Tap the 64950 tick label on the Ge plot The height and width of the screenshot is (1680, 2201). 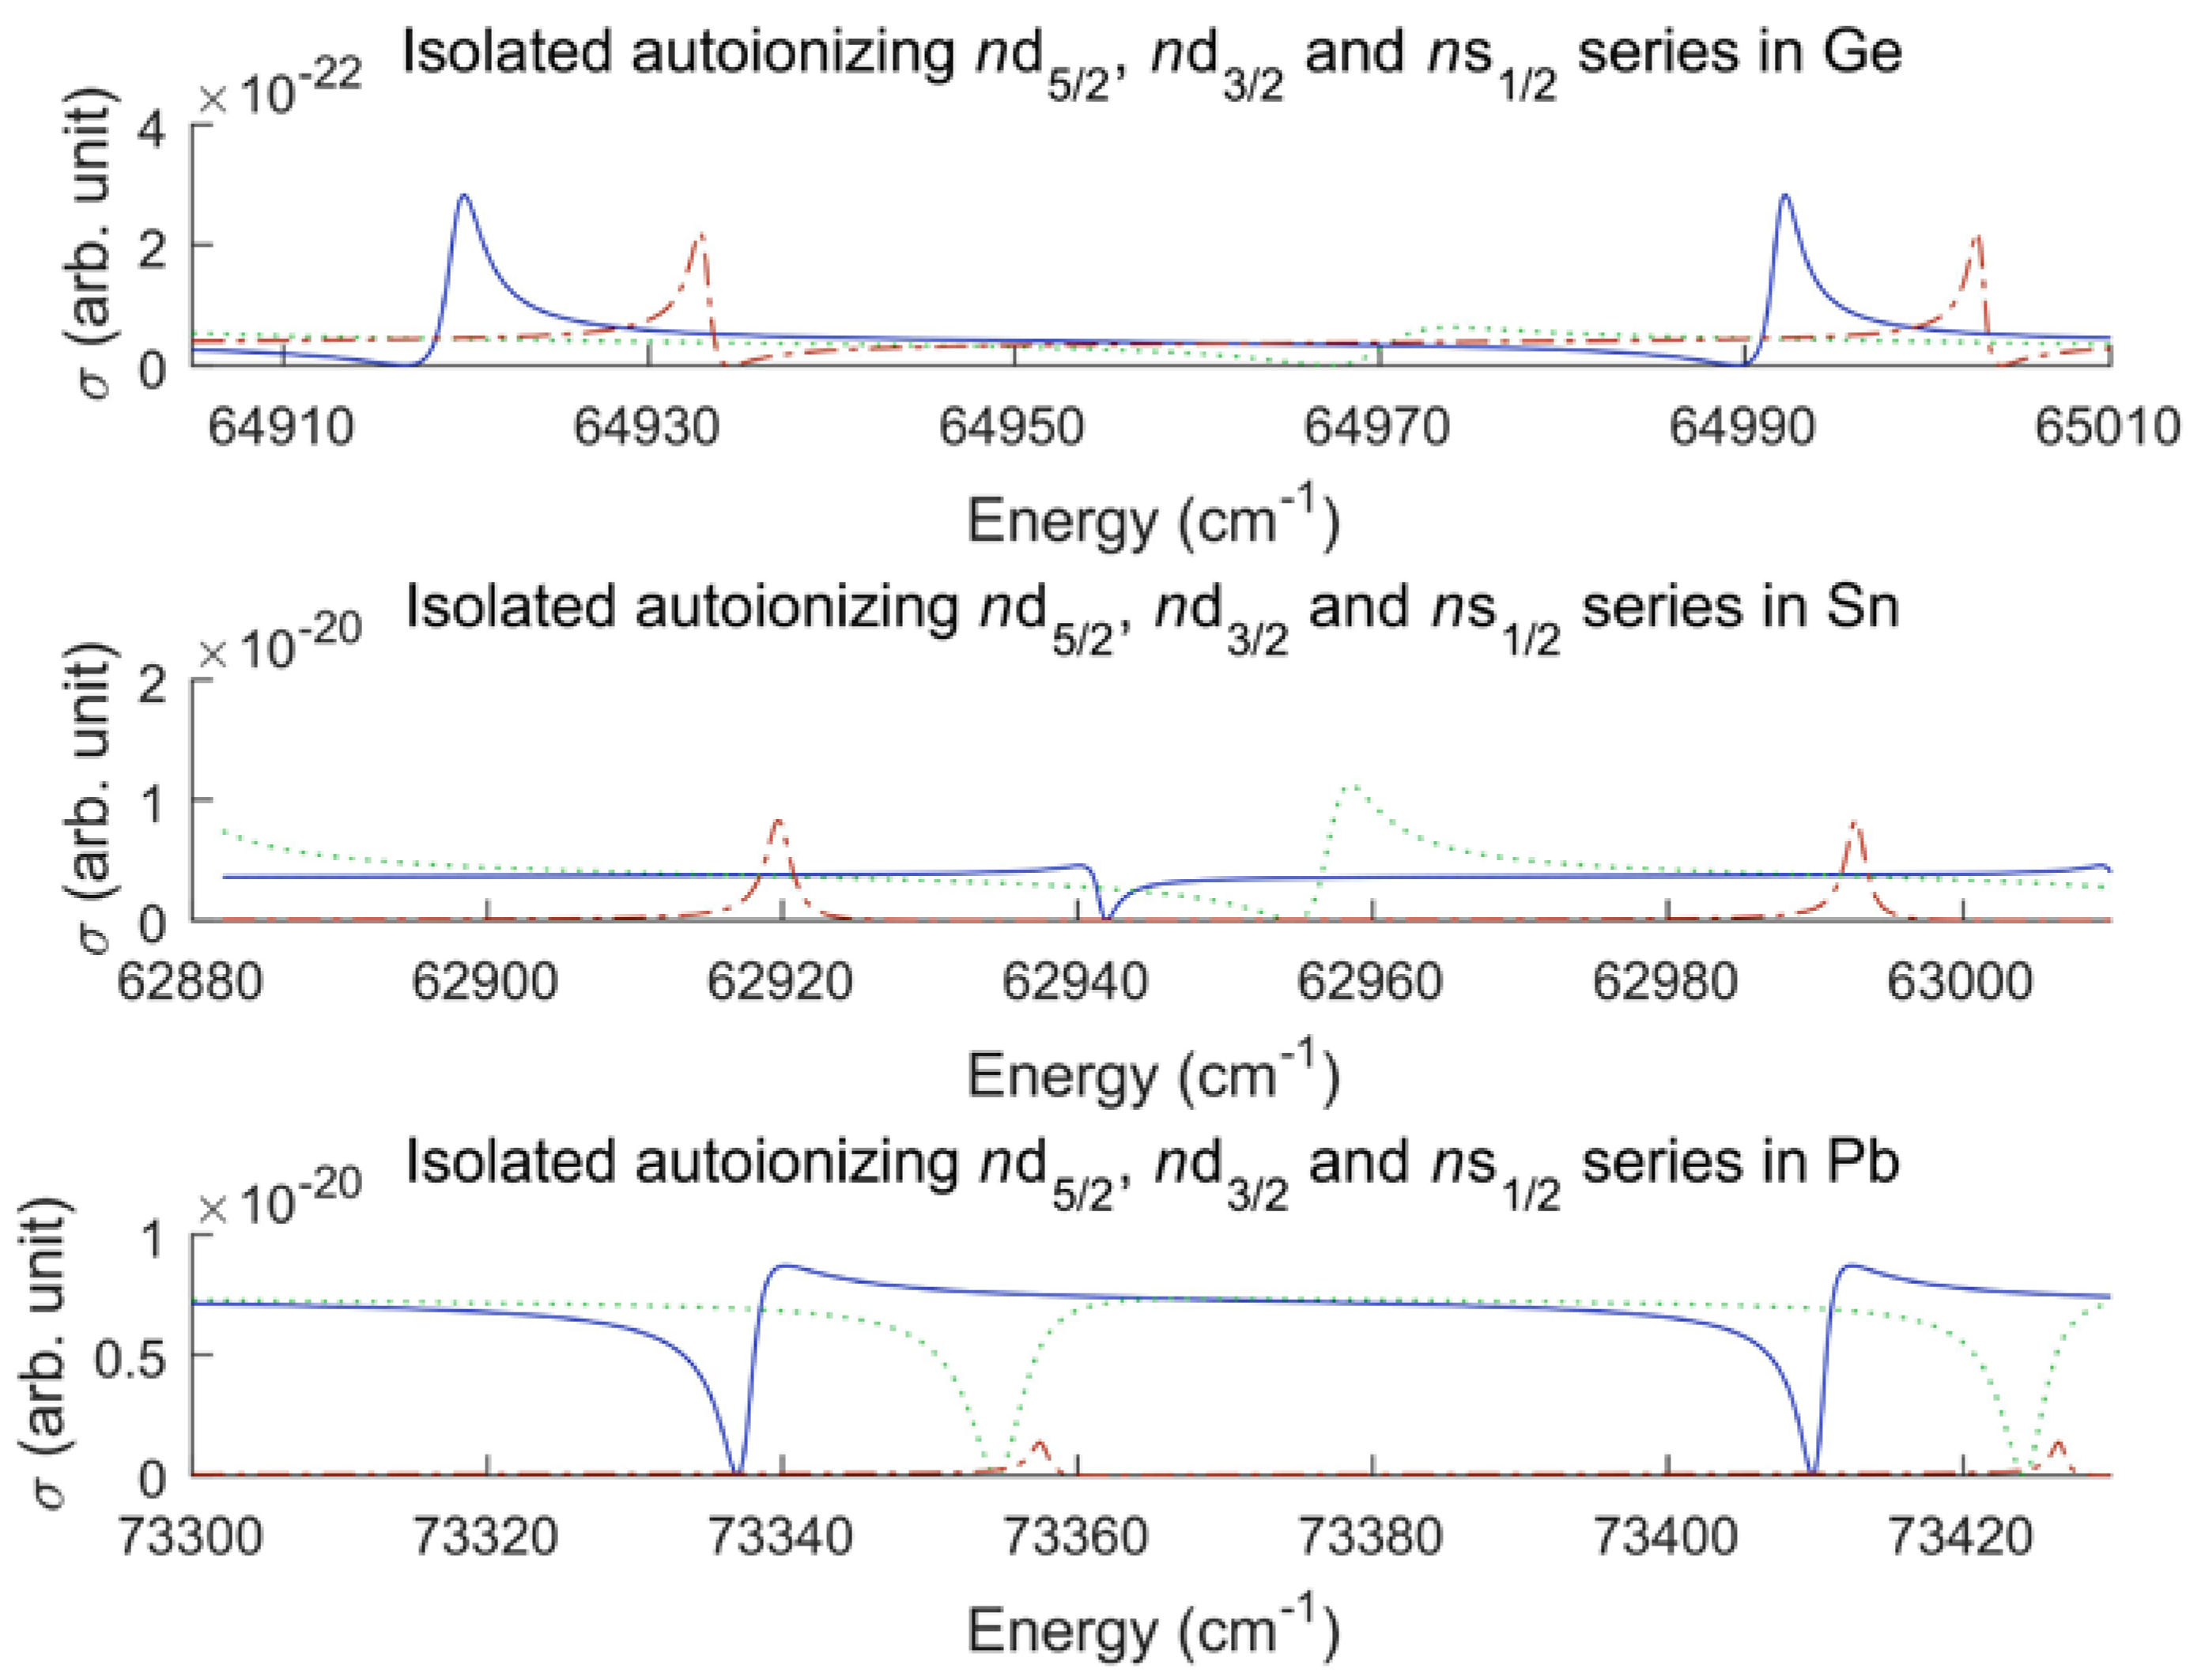(1012, 428)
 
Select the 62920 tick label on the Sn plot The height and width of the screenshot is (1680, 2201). (780, 982)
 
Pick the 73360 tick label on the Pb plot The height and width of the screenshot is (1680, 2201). (1075, 1537)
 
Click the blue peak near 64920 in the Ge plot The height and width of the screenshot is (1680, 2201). (463, 196)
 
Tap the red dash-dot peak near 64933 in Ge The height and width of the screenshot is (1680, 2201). (700, 237)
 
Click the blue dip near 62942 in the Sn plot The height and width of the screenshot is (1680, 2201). (1104, 915)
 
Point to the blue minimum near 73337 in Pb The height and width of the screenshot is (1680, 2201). (737, 1470)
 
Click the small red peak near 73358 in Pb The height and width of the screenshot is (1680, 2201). (1040, 1443)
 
